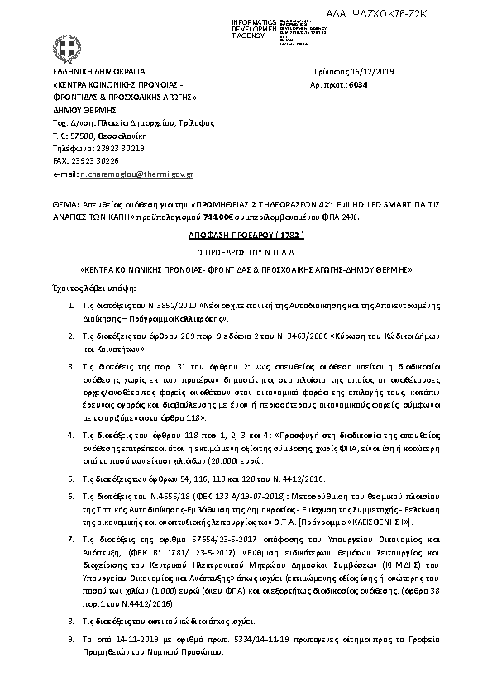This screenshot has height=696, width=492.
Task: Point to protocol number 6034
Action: coord(352,84)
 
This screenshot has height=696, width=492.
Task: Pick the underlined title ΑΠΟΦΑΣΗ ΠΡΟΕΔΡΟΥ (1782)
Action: coord(247,234)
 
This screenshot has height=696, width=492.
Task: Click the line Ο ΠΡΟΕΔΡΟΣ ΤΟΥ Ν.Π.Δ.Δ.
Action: coord(246,251)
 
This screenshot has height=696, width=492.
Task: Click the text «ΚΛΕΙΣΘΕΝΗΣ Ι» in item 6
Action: coord(391,523)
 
